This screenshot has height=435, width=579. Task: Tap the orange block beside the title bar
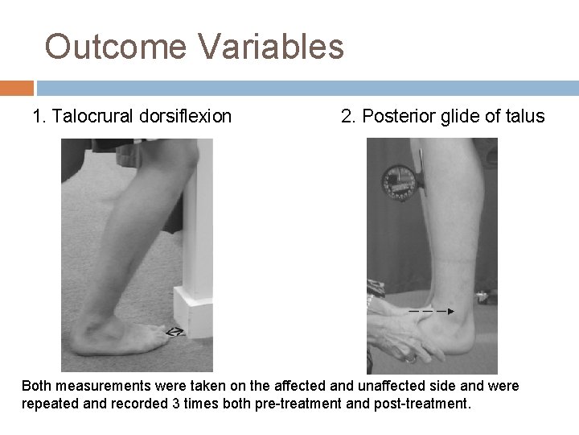coord(16,87)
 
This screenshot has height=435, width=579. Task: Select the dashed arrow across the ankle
coord(431,310)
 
